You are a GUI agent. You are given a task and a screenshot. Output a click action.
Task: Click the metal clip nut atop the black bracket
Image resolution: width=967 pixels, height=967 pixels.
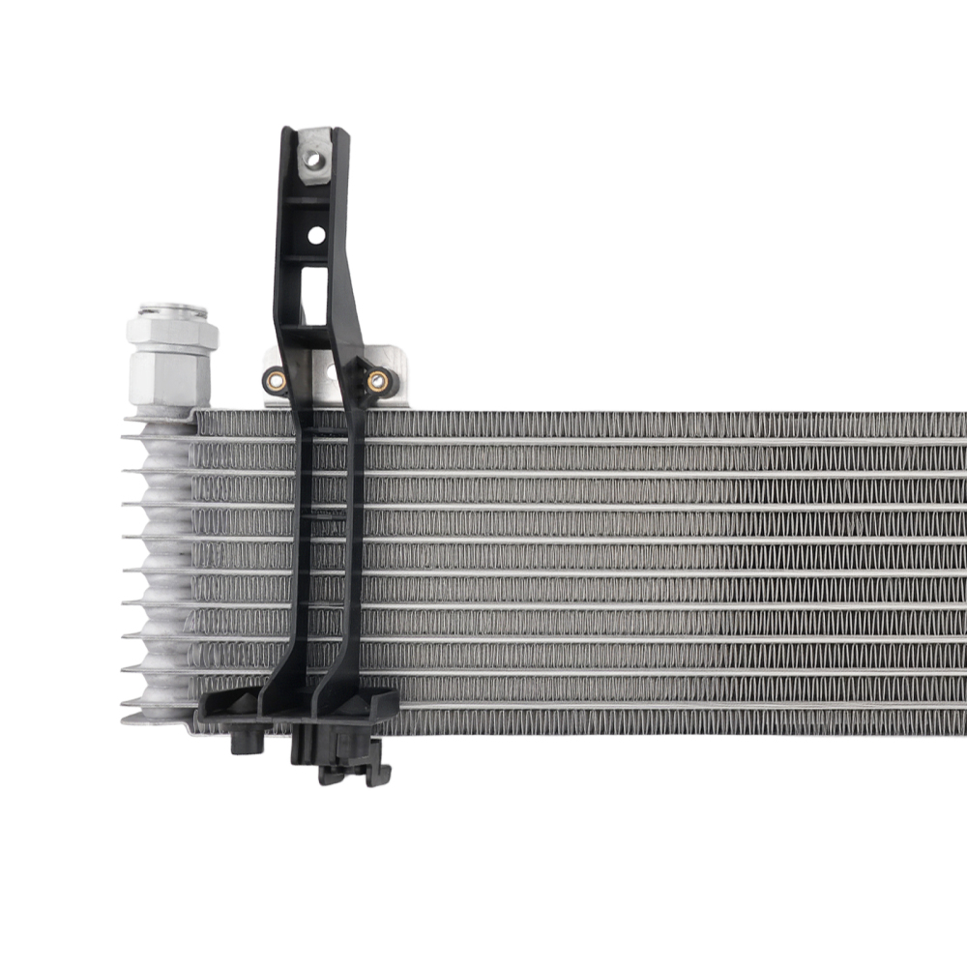click(315, 157)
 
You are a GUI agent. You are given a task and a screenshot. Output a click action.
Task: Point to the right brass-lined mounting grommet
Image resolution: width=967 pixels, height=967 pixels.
click(377, 380)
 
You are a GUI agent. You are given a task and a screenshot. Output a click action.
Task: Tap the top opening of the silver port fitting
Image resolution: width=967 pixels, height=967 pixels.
click(173, 311)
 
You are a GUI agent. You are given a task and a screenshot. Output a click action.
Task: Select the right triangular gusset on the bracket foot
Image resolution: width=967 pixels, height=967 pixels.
click(379, 704)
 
